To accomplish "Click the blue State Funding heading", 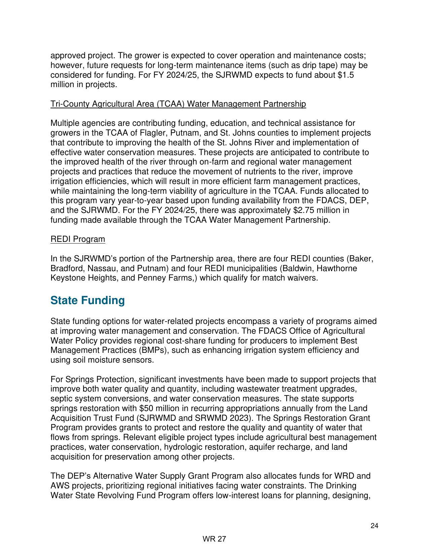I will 87,300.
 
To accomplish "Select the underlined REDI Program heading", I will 78,239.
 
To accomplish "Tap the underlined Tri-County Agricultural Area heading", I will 178,104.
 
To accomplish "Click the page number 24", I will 374,526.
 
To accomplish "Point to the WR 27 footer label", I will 214,539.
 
